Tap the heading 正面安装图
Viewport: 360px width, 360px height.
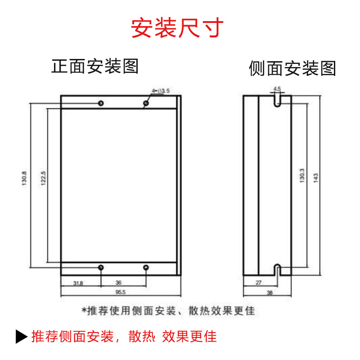coord(94,66)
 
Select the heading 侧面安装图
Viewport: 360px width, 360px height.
coord(292,68)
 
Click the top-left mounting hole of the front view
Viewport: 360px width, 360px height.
coord(101,103)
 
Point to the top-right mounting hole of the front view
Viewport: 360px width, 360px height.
coord(146,103)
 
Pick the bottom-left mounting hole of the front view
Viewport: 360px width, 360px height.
coord(101,268)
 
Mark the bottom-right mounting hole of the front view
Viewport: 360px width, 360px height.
coord(146,268)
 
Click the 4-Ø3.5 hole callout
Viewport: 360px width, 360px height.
coord(161,91)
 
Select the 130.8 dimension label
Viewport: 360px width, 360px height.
coord(24,178)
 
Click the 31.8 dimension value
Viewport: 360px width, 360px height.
coord(78,283)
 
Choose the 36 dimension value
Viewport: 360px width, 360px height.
coord(118,283)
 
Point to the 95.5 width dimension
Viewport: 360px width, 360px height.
coord(120,292)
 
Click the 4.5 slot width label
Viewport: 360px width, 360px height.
coord(277,89)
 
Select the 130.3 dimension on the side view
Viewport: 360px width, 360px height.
coord(302,175)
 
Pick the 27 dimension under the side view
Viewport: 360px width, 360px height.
coord(258,283)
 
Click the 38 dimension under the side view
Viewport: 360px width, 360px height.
coord(269,292)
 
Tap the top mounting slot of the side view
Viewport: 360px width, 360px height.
coord(278,100)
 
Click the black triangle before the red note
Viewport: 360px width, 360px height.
coord(22,337)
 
